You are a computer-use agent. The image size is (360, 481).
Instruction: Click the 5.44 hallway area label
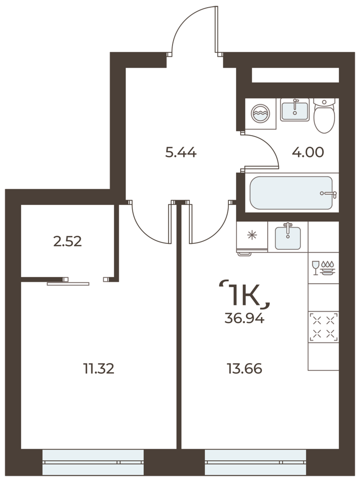pos(181,152)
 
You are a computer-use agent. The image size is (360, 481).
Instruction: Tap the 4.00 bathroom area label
pos(308,152)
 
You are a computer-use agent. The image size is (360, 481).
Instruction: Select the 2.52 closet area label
pos(67,242)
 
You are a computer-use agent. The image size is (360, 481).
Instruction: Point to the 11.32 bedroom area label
pos(99,368)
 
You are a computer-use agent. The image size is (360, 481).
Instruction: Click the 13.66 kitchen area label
pos(244,368)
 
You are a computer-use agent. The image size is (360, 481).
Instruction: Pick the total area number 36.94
pos(244,319)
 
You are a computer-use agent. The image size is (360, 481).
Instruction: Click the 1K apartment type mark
pos(244,294)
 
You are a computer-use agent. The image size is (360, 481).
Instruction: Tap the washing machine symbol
pos(261,113)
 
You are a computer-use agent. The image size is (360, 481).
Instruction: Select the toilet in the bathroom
pos(324,115)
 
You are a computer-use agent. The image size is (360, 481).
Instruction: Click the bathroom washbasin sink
pos(295,110)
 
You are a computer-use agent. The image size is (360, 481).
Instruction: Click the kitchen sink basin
pos(287,237)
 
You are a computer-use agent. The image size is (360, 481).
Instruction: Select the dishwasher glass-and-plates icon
pos(323,267)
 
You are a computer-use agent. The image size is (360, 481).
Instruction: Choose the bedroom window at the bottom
pos(93,462)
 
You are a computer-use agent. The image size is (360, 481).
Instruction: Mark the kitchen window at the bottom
pos(255,462)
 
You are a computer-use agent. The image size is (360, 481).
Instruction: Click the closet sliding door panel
pos(68,284)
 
